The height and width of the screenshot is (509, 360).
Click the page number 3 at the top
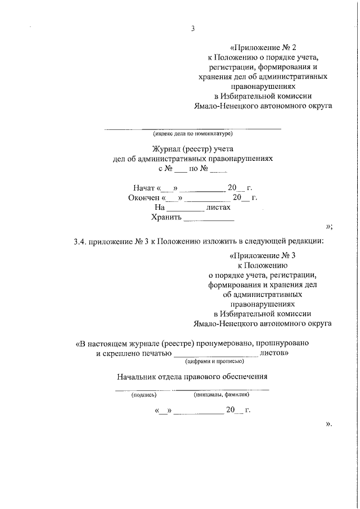[192, 30]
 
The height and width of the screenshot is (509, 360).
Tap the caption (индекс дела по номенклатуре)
[193, 134]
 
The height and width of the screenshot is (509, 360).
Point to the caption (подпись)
[143, 395]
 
